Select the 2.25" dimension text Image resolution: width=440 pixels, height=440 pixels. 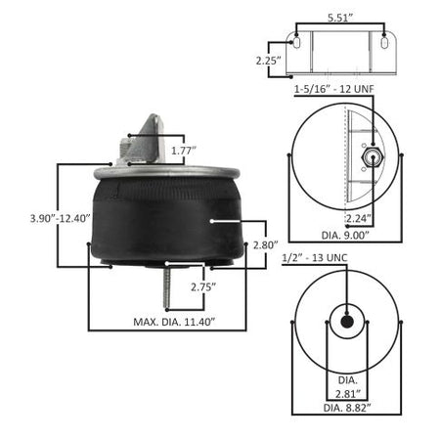(265, 60)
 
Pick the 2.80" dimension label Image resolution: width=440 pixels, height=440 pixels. (266, 243)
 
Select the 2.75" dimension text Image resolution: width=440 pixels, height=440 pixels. (202, 287)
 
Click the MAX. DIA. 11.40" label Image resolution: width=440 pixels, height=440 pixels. (174, 322)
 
